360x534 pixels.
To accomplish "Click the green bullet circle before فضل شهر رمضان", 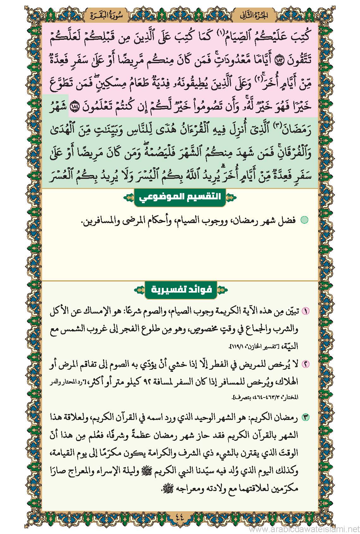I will coord(304,220).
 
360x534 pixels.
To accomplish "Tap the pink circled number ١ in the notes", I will coord(306,311).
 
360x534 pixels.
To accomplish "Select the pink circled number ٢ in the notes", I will coord(306,364).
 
